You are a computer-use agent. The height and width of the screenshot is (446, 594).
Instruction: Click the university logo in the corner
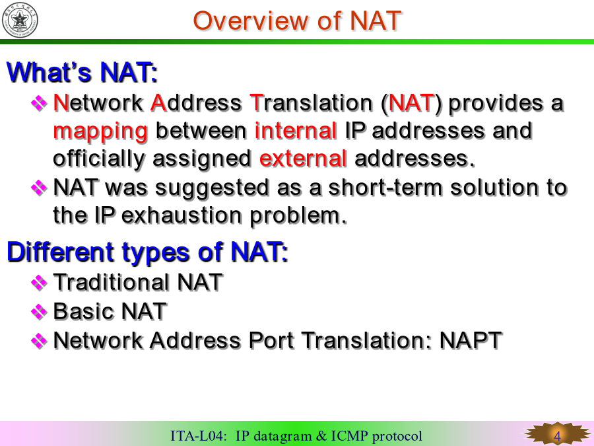tap(20, 20)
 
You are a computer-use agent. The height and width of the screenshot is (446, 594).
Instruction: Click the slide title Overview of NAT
tap(297, 20)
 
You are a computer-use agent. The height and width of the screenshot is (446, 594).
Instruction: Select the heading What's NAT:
tap(82, 72)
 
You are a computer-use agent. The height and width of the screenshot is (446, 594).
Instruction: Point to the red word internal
tap(296, 130)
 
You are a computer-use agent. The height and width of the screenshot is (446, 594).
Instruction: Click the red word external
tap(303, 158)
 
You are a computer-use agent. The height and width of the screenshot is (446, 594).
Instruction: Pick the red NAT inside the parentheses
tap(411, 103)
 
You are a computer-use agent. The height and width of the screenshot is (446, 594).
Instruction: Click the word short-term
tap(385, 188)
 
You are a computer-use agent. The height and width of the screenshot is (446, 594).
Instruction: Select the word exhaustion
tap(181, 215)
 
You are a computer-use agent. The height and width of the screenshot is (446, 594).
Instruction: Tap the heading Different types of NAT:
tap(148, 252)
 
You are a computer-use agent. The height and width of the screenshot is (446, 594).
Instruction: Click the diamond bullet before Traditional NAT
tap(39, 282)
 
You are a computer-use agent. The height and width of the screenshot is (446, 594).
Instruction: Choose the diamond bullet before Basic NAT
tap(39, 311)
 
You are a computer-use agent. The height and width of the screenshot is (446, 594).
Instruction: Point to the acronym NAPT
tap(471, 340)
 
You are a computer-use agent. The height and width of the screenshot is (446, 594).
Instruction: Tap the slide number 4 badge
tap(557, 435)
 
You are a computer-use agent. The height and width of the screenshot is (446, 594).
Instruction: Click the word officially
tap(98, 159)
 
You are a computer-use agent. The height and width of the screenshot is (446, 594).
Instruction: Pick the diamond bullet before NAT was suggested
tap(39, 188)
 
